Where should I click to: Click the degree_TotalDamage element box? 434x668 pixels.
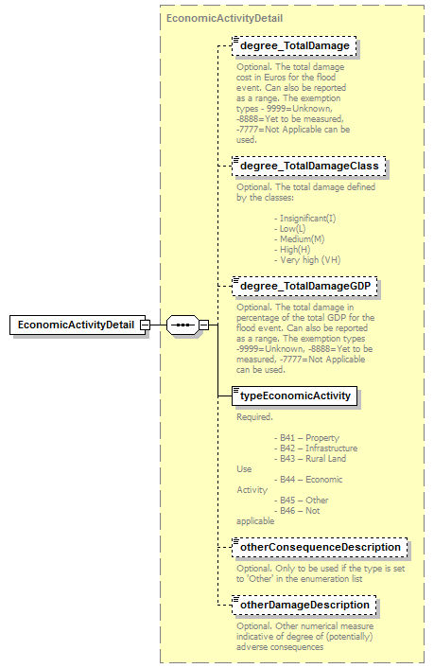coord(294,44)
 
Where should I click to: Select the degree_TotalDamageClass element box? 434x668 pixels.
coord(309,166)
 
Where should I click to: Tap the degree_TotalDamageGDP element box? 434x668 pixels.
coord(306,285)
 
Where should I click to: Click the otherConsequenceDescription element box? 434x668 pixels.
coord(321,547)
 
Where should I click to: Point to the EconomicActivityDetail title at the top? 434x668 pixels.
coord(223,18)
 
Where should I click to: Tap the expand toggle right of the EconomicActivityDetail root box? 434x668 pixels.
coord(146,325)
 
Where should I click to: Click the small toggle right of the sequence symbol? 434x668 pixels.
coord(203,325)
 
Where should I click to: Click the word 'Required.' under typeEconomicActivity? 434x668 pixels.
coord(254,416)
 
